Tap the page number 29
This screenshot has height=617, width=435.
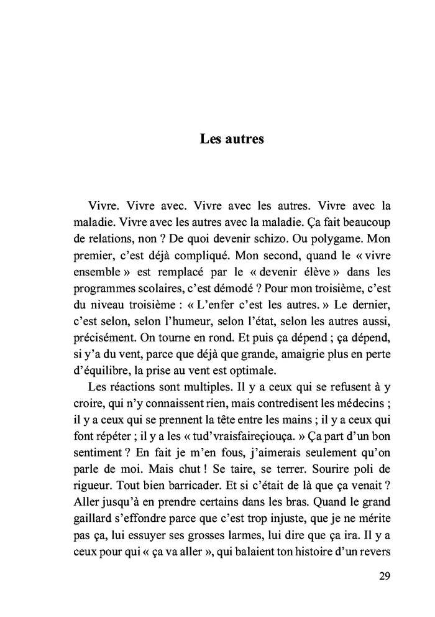pos(384,575)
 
